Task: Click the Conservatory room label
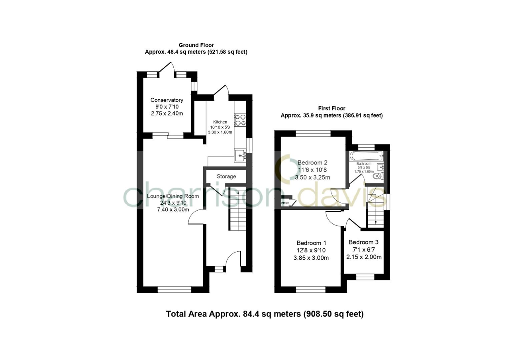[x=167, y=100]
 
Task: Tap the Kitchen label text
[x=220, y=122]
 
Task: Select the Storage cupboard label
[x=226, y=176]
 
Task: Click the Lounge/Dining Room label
[x=173, y=196]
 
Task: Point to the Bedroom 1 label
[x=311, y=243]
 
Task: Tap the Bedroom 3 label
[x=363, y=242]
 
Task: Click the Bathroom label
[x=364, y=164]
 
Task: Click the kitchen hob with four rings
[x=240, y=120]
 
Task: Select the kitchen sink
[x=240, y=155]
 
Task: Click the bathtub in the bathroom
[x=366, y=155]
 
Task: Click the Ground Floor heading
[x=196, y=45]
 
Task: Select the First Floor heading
[x=331, y=108]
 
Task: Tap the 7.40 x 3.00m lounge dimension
[x=173, y=209]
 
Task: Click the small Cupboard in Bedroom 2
[x=286, y=202]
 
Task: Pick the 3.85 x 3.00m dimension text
[x=311, y=258]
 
